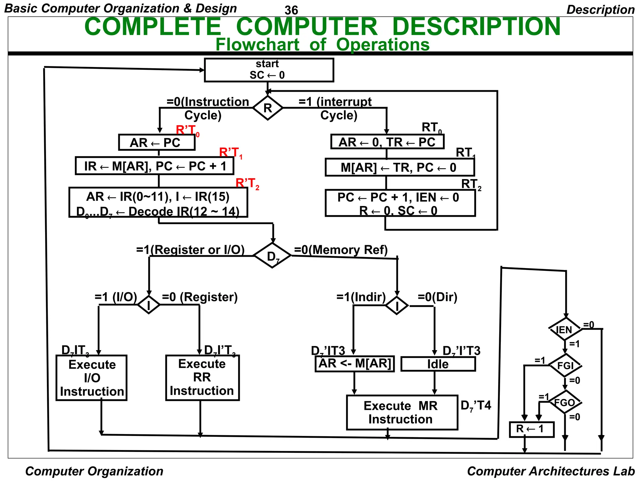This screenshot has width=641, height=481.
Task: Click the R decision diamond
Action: pyautogui.click(x=268, y=108)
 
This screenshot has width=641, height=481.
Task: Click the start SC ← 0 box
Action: pyautogui.click(x=269, y=70)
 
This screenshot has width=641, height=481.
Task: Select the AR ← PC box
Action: pyautogui.click(x=156, y=142)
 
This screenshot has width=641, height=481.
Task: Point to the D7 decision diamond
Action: pyautogui.click(x=272, y=256)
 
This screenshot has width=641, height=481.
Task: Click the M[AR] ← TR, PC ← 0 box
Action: pyautogui.click(x=399, y=168)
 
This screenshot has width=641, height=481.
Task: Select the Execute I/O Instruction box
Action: pyautogui.click(x=91, y=378)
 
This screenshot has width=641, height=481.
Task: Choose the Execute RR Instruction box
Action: pyautogui.click(x=202, y=377)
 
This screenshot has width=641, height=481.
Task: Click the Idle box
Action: pyautogui.click(x=438, y=364)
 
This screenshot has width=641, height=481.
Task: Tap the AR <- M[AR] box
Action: pyautogui.click(x=355, y=364)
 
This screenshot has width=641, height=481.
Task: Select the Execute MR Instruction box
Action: pyautogui.click(x=402, y=412)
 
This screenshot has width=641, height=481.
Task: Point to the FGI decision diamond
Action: pyautogui.click(x=565, y=365)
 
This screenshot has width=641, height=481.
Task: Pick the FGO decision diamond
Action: pyautogui.click(x=565, y=402)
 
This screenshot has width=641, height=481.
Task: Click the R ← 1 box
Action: pyautogui.click(x=531, y=429)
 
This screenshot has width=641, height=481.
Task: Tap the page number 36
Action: pyautogui.click(x=291, y=10)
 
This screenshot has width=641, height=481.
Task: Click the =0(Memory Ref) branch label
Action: pyautogui.click(x=341, y=250)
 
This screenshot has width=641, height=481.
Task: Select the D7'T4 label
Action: pyautogui.click(x=476, y=406)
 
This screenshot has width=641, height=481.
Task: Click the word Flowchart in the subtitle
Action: pyautogui.click(x=257, y=44)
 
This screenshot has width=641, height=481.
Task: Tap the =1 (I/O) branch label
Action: pyautogui.click(x=116, y=297)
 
